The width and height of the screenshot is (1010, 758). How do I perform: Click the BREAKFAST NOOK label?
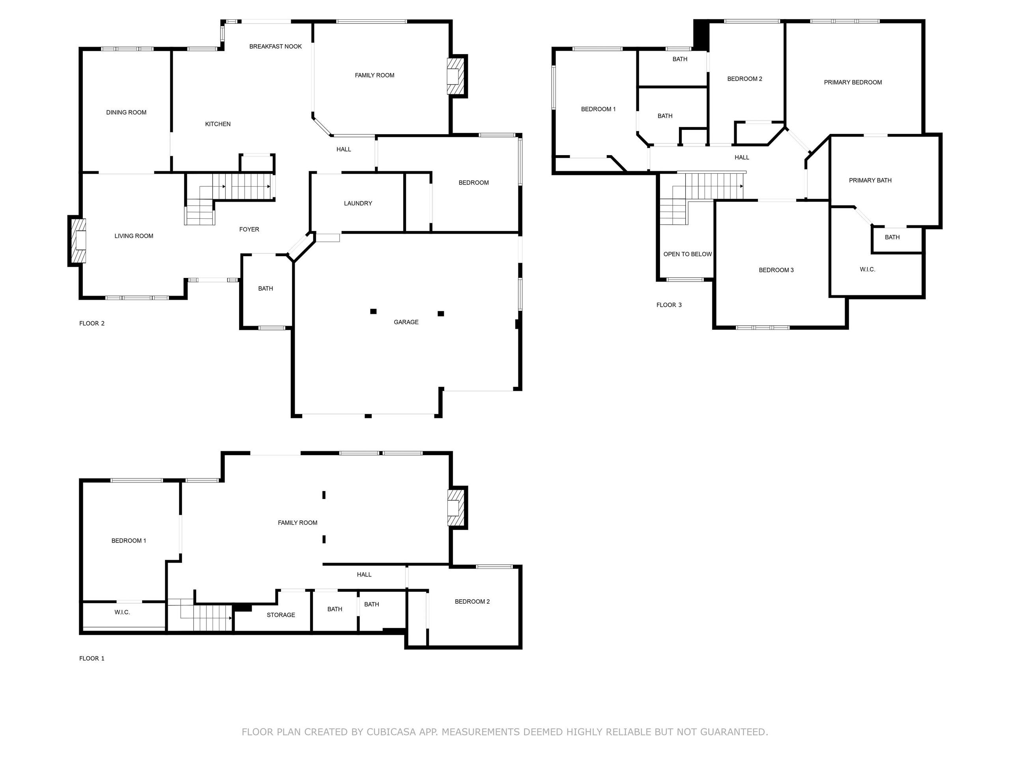coord(275,47)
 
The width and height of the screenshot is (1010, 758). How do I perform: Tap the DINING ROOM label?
coord(127,113)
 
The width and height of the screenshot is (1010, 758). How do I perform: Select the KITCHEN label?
coord(218,124)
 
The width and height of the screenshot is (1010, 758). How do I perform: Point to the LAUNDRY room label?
coord(358,203)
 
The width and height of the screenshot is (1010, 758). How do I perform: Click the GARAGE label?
coord(406,322)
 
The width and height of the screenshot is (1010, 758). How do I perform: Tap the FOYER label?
coord(249,229)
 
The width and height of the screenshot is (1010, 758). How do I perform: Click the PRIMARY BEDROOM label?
coord(853,83)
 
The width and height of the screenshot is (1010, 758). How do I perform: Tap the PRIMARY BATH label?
coord(870,180)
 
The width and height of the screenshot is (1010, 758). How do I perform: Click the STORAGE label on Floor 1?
coord(281,615)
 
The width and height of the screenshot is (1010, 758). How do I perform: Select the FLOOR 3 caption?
coord(669,305)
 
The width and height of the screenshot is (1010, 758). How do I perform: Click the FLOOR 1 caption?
coord(92,659)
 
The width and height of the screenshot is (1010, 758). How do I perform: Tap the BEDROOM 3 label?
coord(776,270)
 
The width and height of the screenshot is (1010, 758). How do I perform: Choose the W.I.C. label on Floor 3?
coord(868,270)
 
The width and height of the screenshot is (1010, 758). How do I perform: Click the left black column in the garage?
coord(373,311)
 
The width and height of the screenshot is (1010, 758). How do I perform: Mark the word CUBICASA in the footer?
coord(391,732)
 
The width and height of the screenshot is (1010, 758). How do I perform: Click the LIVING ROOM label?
coord(134,236)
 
